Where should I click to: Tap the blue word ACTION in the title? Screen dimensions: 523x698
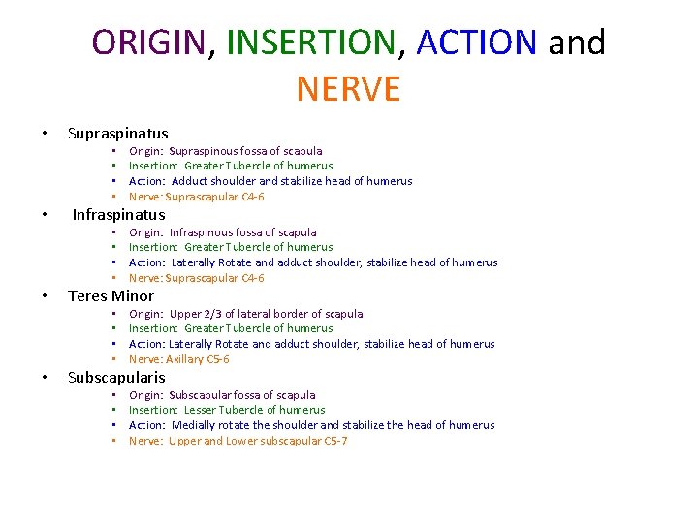tap(476, 43)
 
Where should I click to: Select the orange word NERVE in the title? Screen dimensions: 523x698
tap(348, 89)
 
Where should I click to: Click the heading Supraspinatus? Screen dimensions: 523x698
tap(117, 134)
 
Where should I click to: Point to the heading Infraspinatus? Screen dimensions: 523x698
tap(118, 215)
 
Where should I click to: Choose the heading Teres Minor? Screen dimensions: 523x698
tap(111, 296)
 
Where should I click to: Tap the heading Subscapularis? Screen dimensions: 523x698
tap(116, 378)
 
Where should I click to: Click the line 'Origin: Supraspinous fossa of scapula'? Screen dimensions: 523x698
tap(225, 151)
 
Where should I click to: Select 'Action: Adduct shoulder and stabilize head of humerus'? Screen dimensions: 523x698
tap(270, 181)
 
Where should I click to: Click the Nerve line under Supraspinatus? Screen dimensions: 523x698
tap(196, 197)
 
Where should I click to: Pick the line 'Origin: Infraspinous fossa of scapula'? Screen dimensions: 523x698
tap(222, 232)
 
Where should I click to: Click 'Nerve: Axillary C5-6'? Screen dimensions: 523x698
tap(178, 359)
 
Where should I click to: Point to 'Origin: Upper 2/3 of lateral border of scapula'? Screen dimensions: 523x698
tap(245, 314)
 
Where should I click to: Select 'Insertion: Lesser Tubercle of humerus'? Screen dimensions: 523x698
tap(227, 410)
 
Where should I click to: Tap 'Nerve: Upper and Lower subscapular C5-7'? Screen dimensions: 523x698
tap(238, 441)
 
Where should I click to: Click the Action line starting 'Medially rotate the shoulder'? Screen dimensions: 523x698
tap(311, 425)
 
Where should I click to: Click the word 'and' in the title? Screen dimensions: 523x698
tap(577, 43)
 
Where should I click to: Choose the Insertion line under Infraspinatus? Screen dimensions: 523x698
tap(230, 247)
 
